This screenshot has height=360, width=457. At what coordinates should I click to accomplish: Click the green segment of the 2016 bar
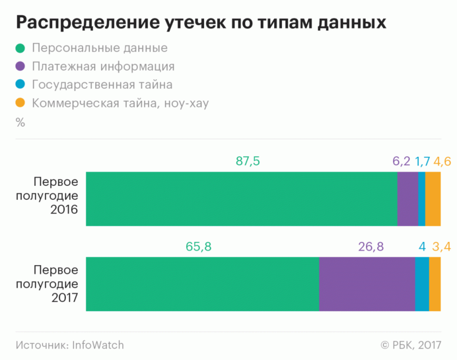click(x=242, y=199)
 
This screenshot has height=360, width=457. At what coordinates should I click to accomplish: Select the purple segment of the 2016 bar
click(x=407, y=199)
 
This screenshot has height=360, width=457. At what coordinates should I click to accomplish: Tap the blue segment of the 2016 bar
click(x=422, y=199)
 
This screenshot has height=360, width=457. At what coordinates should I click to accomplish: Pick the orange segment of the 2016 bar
click(x=433, y=199)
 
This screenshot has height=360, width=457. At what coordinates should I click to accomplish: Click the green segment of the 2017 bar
click(x=202, y=284)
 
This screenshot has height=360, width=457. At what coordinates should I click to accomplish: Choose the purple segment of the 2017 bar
click(x=367, y=284)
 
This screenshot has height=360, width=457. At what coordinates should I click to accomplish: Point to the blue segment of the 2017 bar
click(x=422, y=284)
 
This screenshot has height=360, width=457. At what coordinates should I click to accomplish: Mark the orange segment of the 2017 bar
click(x=435, y=284)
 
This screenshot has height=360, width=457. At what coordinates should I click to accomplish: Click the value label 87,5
click(x=248, y=161)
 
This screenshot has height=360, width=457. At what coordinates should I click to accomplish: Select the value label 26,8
click(x=371, y=247)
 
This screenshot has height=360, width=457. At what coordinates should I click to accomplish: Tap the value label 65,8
click(x=199, y=247)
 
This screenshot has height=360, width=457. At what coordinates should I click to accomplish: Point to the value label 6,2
click(x=401, y=161)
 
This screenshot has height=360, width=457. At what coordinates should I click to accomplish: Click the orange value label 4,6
click(x=442, y=161)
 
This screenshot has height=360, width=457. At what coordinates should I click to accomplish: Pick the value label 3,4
click(x=441, y=247)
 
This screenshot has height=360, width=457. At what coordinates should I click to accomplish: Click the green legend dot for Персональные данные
click(x=21, y=48)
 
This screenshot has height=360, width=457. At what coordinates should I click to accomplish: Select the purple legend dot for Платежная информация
click(x=21, y=66)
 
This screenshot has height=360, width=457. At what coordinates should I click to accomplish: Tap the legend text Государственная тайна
click(x=102, y=84)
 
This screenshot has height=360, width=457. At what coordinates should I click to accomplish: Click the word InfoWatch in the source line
click(x=98, y=345)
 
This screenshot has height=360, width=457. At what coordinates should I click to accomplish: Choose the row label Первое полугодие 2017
click(x=55, y=284)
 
